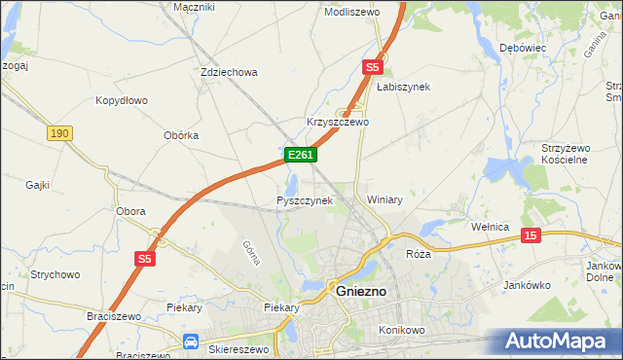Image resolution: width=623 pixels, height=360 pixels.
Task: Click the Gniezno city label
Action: point(362,291)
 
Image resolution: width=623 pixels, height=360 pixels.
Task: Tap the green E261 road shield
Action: point(300,156)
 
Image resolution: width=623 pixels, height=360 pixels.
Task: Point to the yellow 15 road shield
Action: point(531,235)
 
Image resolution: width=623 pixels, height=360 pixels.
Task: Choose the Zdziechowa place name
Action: point(228,72)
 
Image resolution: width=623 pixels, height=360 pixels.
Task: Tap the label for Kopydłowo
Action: point(121,100)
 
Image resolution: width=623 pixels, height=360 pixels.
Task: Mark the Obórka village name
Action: point(181,135)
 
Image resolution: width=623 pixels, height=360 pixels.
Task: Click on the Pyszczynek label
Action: point(305,200)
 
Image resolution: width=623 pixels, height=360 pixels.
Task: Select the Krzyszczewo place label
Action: point(338,123)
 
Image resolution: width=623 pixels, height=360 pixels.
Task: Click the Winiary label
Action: point(385,198)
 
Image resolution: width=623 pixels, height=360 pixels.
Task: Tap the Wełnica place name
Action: point(491,227)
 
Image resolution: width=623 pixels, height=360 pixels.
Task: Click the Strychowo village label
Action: point(54,275)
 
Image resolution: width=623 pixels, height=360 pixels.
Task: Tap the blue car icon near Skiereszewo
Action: point(191,342)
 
